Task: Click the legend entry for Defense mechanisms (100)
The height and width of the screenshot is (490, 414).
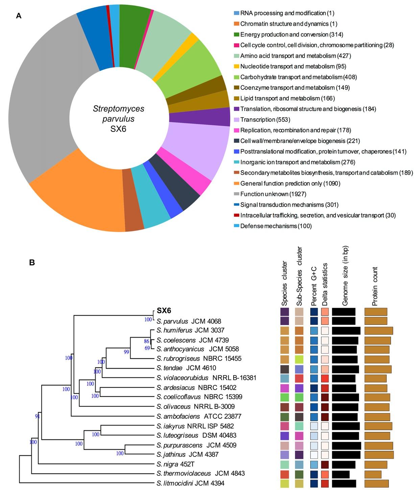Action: [x=276, y=226]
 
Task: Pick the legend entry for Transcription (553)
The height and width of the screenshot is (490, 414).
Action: [x=265, y=120]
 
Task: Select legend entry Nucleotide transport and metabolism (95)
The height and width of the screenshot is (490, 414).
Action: [x=293, y=67]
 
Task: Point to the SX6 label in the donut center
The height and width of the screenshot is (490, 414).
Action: [x=118, y=129]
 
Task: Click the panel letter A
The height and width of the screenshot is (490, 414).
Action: [x=19, y=16]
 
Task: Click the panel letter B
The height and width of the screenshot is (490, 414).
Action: [x=32, y=262]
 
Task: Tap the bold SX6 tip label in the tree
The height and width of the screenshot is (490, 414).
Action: [x=164, y=311]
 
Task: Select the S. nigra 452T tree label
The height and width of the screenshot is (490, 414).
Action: [x=175, y=464]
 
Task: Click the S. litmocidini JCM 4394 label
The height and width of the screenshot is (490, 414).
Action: [x=190, y=483]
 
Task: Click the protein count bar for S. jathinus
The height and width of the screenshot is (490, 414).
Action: [x=379, y=455]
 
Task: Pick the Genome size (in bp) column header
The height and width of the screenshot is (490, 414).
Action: [x=345, y=276]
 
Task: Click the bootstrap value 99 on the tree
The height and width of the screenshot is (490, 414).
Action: [x=126, y=352]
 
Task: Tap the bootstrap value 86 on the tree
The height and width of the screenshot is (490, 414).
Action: [x=146, y=341]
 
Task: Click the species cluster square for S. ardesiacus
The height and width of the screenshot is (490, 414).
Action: [x=285, y=388]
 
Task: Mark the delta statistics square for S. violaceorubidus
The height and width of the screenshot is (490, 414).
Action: [x=325, y=378]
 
